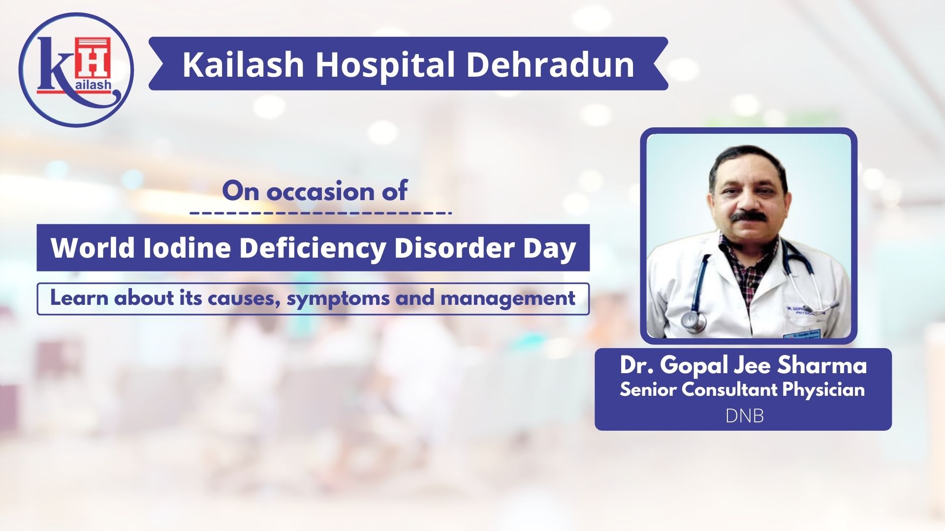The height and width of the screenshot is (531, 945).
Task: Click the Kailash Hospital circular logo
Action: point(76,70)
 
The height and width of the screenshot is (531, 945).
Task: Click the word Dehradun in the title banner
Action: point(550,64)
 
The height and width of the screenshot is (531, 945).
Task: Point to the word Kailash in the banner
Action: point(243,64)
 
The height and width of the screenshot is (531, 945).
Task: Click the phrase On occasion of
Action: point(315,191)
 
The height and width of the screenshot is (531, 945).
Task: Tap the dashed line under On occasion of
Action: point(321,213)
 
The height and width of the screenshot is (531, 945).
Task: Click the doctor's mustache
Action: point(749,216)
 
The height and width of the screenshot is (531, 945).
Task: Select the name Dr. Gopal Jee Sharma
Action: point(743,365)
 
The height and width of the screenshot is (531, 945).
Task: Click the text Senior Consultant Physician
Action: point(742,390)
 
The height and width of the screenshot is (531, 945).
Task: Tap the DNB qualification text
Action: point(745,416)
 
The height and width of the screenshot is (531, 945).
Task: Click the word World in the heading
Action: point(93,247)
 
